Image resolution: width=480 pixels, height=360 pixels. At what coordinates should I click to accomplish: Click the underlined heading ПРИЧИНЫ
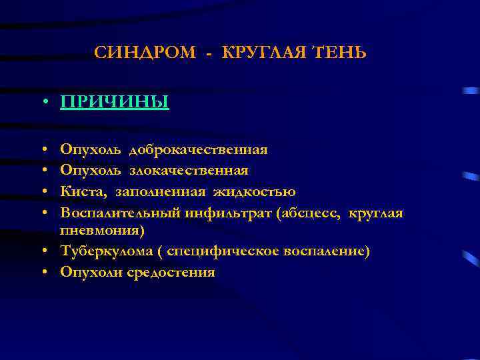(x=114, y=102)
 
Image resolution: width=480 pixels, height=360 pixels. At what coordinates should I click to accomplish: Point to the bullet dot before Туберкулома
(x=43, y=252)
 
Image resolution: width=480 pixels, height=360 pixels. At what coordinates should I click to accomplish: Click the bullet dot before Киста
(x=43, y=193)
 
